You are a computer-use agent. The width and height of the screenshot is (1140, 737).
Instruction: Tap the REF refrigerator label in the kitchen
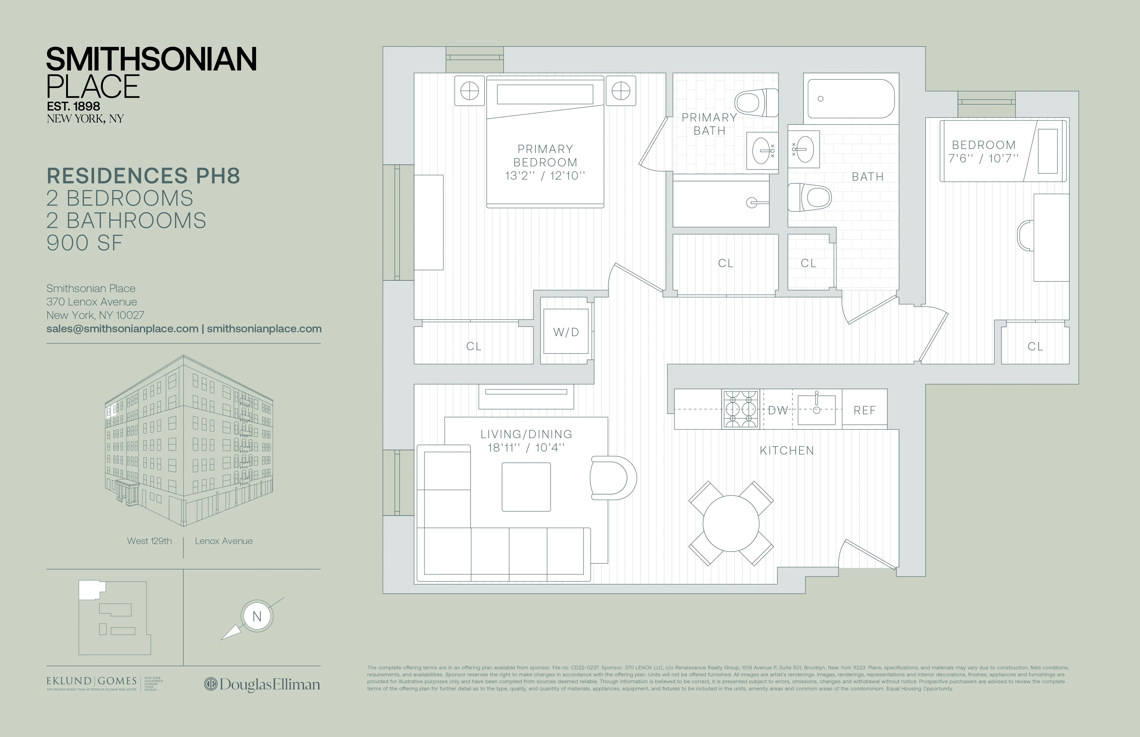[865, 410]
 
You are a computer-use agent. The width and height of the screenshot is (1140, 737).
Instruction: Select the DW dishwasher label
[778, 410]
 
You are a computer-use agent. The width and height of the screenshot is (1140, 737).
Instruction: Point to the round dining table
[731, 523]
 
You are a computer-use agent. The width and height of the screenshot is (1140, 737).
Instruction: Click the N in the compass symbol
[257, 616]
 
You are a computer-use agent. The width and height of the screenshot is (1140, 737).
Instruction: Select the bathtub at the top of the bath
[851, 98]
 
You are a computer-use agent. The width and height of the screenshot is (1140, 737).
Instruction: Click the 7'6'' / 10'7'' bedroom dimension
[983, 158]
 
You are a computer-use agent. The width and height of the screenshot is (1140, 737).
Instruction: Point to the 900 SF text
[85, 243]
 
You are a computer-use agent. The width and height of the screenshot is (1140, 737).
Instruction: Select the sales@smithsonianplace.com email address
[122, 329]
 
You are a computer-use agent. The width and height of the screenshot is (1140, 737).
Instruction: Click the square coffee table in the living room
[526, 487]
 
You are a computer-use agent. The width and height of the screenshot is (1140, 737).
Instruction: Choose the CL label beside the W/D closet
[474, 346]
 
